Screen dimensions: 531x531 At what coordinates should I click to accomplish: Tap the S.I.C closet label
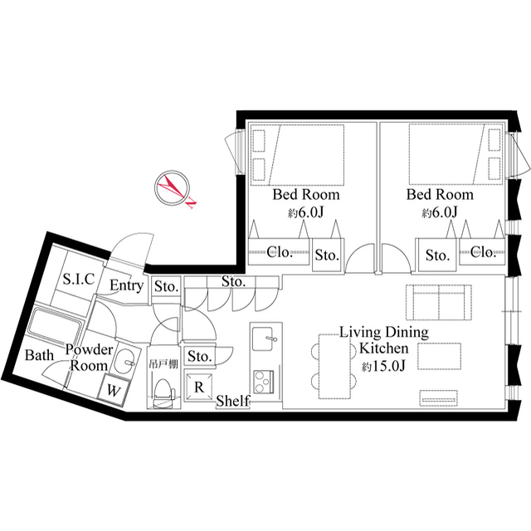tap(79, 279)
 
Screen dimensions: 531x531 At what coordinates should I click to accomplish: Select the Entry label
tap(127, 285)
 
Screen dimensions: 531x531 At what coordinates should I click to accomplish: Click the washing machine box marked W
tap(114, 391)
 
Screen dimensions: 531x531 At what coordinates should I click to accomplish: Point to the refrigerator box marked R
tap(199, 386)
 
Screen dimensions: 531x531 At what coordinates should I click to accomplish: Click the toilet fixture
tap(163, 393)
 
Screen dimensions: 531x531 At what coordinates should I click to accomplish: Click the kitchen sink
tap(265, 339)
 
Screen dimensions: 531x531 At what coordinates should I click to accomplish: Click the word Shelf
tap(233, 401)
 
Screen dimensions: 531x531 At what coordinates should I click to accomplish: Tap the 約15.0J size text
tap(383, 366)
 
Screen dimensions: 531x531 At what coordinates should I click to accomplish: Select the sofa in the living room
tap(439, 302)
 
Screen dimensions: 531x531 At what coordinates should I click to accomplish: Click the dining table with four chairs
tap(334, 367)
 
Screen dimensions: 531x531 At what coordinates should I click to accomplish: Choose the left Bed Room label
tap(306, 194)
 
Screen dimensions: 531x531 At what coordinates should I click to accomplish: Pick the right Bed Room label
tap(440, 194)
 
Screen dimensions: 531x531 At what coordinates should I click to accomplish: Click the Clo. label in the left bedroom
tap(280, 252)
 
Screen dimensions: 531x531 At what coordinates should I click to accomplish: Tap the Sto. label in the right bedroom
tap(437, 256)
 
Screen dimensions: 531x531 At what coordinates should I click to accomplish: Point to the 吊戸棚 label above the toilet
tap(163, 365)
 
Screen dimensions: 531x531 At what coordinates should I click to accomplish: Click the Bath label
tap(39, 355)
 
